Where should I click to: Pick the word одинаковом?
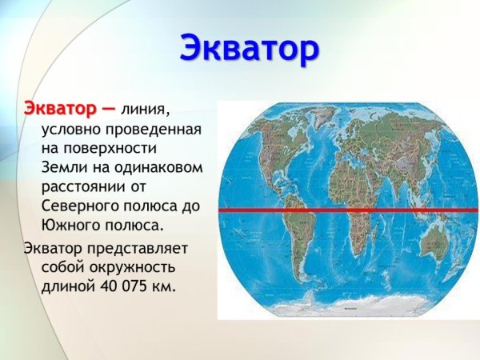162,167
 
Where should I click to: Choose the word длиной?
66,285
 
